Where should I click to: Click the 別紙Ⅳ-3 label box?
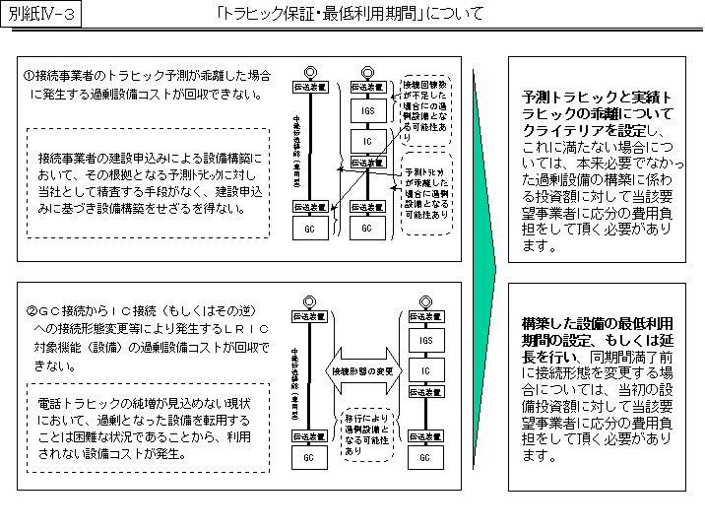pyautogui.click(x=42, y=15)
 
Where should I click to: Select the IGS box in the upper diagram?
pyautogui.click(x=367, y=111)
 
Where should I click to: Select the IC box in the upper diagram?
pyautogui.click(x=367, y=141)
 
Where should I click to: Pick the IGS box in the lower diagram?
pyautogui.click(x=425, y=340)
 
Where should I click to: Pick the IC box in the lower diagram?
pyautogui.click(x=425, y=369)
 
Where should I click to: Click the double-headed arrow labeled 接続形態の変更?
pyautogui.click(x=362, y=370)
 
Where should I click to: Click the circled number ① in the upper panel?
pyautogui.click(x=30, y=75)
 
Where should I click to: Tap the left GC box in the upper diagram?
pyautogui.click(x=309, y=228)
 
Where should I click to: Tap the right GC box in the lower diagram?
pyautogui.click(x=425, y=457)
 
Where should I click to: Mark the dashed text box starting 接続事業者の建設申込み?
pyautogui.click(x=146, y=182)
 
